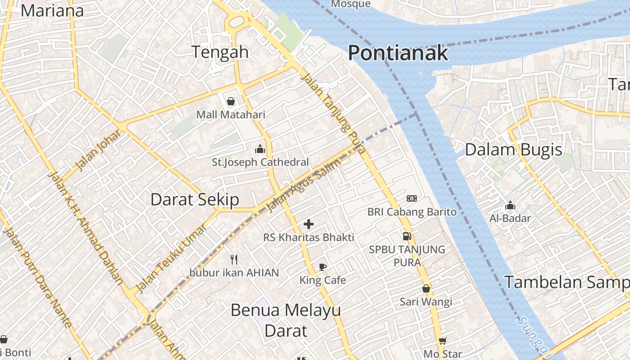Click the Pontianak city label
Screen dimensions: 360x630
pyautogui.click(x=398, y=53)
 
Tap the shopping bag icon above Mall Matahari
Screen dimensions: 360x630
pyautogui.click(x=231, y=101)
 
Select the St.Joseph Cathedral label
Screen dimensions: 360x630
pyautogui.click(x=260, y=162)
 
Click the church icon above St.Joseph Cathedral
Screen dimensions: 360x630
pyautogui.click(x=260, y=149)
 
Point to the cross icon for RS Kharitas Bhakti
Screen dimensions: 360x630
pyautogui.click(x=309, y=224)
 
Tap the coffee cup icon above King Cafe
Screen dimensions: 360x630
pyautogui.click(x=323, y=267)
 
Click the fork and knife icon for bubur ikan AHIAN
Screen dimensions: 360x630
pyautogui.click(x=234, y=259)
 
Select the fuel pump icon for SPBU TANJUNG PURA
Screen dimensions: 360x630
pyautogui.click(x=407, y=236)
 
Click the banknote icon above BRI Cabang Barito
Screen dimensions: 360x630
pyautogui.click(x=412, y=198)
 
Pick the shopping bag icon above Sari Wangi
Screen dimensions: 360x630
pyautogui.click(x=426, y=288)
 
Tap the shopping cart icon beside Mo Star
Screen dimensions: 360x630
pyautogui.click(x=443, y=341)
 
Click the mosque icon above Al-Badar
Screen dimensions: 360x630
pyautogui.click(x=510, y=206)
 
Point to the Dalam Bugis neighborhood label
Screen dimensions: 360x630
pyautogui.click(x=513, y=150)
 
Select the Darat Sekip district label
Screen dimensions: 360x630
pyautogui.click(x=194, y=199)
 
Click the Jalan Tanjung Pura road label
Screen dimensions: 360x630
pyautogui.click(x=332, y=113)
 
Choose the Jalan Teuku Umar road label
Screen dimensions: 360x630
pyautogui.click(x=171, y=258)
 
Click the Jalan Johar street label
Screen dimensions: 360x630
pyautogui.click(x=99, y=150)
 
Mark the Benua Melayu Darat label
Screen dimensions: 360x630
pyautogui.click(x=286, y=320)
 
